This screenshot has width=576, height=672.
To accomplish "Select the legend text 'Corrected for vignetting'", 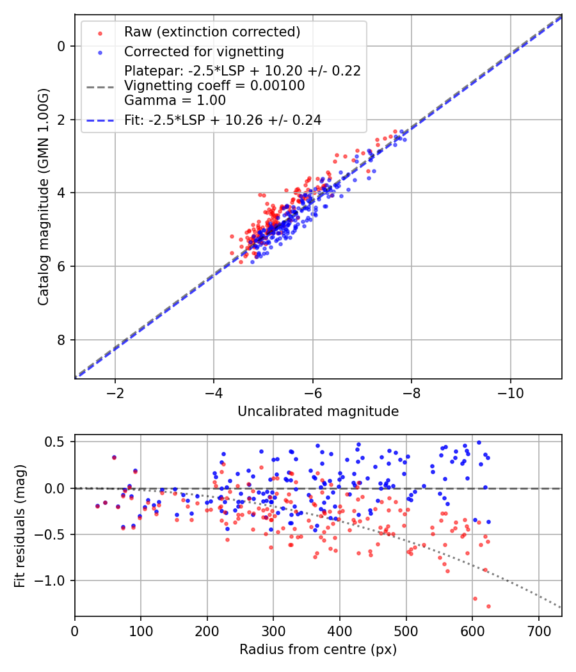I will pyautogui.click(x=204, y=51).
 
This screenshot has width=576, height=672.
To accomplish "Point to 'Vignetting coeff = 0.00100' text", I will pyautogui.click(x=214, y=85).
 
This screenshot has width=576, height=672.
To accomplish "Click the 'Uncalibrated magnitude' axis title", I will pyautogui.click(x=318, y=412).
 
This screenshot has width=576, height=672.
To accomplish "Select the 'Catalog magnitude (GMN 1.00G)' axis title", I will pyautogui.click(x=43, y=196).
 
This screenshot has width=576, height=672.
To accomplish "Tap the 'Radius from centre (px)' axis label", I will pyautogui.click(x=318, y=650).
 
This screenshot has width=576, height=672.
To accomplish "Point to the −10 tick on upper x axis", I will pyautogui.click(x=510, y=391).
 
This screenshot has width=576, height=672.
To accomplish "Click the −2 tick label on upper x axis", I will pyautogui.click(x=115, y=391).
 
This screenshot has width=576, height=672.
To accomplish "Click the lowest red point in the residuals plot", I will pyautogui.click(x=488, y=606).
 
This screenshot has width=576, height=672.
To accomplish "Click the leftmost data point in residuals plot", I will pyautogui.click(x=97, y=506).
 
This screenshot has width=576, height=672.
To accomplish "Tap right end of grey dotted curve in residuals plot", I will pyautogui.click(x=561, y=607).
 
